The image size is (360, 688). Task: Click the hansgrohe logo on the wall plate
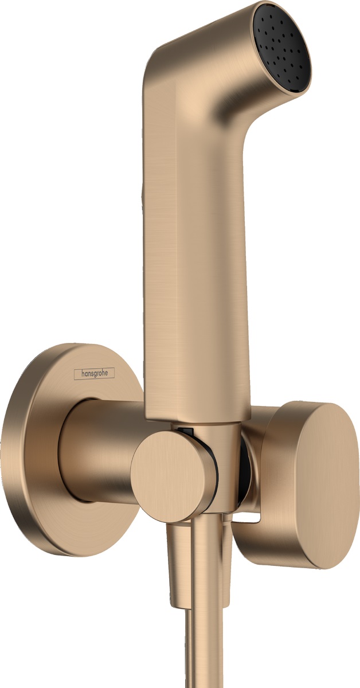(95, 373)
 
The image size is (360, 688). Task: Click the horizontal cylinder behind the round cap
(100, 453)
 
